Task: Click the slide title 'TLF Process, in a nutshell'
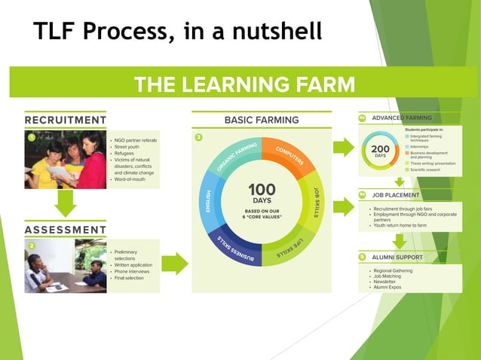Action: pyautogui.click(x=178, y=31)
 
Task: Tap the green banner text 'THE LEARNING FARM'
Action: pyautogui.click(x=244, y=83)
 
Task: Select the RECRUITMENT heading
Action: pyautogui.click(x=66, y=120)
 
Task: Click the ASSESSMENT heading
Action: pyautogui.click(x=66, y=229)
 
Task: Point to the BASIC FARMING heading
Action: pyautogui.click(x=262, y=120)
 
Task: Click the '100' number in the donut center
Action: pyautogui.click(x=262, y=189)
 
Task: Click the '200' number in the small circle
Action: pyautogui.click(x=380, y=150)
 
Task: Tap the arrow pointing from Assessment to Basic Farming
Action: pyautogui.click(x=174, y=264)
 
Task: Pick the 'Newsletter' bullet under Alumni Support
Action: pyautogui.click(x=388, y=282)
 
